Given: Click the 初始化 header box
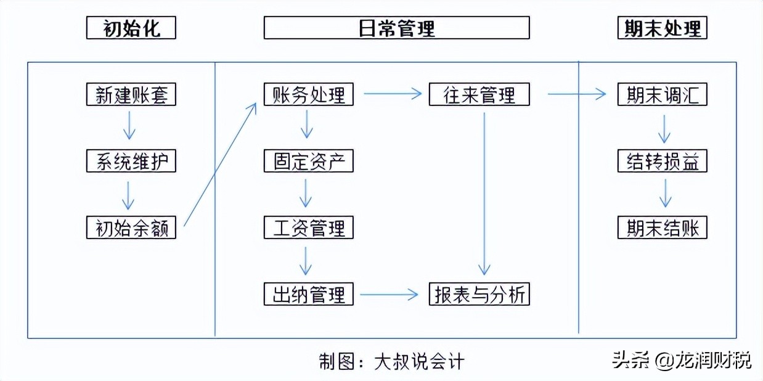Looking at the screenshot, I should [131, 28].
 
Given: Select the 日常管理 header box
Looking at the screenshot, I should [396, 28].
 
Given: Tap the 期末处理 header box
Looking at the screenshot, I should [662, 28].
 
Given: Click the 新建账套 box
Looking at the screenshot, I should [131, 94].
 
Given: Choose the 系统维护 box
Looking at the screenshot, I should [131, 161].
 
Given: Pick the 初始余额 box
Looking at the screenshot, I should [131, 227].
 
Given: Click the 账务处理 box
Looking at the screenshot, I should [308, 94].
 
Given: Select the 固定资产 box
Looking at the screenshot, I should [308, 161].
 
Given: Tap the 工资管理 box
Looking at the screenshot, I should [308, 227].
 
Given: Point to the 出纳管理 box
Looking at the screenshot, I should [308, 294].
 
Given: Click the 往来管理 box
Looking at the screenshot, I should [479, 94].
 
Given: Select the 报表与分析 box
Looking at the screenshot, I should [479, 294].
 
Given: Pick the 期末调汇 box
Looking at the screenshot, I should [662, 94].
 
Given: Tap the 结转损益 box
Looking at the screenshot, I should [662, 161].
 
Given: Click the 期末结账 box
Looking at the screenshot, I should [662, 227].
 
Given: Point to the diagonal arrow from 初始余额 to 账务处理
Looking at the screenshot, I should [220, 164].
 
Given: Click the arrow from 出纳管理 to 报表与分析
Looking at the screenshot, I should [390, 295].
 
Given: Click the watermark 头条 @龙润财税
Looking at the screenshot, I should [682, 359].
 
